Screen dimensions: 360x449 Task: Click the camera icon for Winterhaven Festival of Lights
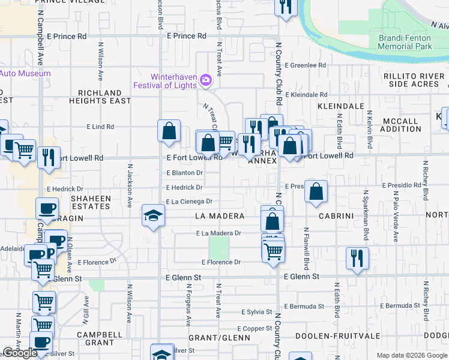[x=206, y=80]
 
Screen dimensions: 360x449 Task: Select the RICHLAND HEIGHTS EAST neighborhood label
[x=104, y=97]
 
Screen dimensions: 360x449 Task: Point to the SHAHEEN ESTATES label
[x=91, y=202]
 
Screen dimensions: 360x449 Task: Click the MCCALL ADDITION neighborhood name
[x=400, y=125]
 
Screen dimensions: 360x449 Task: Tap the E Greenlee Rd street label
[x=306, y=65]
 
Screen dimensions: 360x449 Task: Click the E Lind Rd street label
[x=100, y=127]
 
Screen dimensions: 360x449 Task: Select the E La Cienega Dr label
[x=190, y=202]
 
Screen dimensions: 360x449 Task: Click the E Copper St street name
[x=255, y=329]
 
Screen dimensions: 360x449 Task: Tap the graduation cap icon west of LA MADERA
[x=153, y=215]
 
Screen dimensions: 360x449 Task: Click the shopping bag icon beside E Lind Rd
[x=169, y=130]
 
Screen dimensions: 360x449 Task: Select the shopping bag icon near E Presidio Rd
[x=316, y=191]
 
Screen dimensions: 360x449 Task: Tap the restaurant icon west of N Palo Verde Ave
[x=357, y=259]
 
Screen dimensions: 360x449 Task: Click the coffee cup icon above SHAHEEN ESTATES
[x=47, y=209]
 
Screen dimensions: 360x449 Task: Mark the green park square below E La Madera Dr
[x=218, y=247]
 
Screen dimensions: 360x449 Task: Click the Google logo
[x=20, y=353]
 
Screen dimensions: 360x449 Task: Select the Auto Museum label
[x=25, y=73]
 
